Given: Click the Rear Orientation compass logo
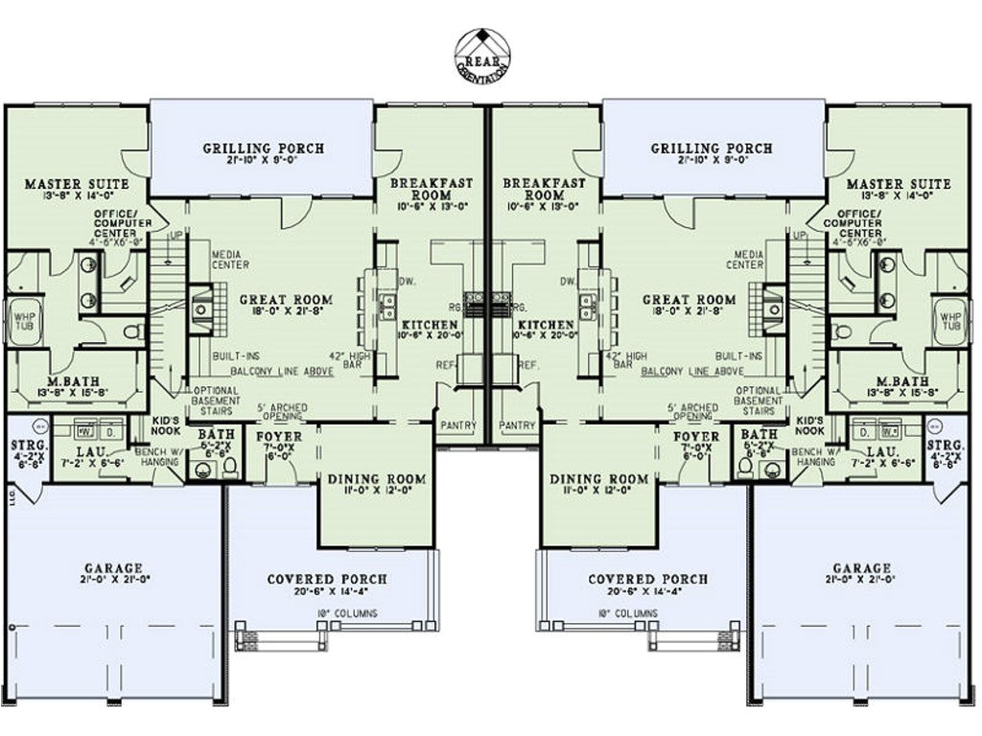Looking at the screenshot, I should tap(482, 55).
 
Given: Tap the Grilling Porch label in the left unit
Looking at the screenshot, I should tap(263, 149).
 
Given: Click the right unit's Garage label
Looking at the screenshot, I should tap(861, 568).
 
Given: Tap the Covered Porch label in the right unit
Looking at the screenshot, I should tap(648, 579).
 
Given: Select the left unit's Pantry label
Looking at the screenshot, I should tap(458, 425).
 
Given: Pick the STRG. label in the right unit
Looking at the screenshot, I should tap(947, 446).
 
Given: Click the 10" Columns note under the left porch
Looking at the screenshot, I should tap(343, 613).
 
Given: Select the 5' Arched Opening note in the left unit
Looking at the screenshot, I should tap(282, 413).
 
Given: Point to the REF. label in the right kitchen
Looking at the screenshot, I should tap(527, 365).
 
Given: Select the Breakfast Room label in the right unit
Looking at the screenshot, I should tap(544, 188).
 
